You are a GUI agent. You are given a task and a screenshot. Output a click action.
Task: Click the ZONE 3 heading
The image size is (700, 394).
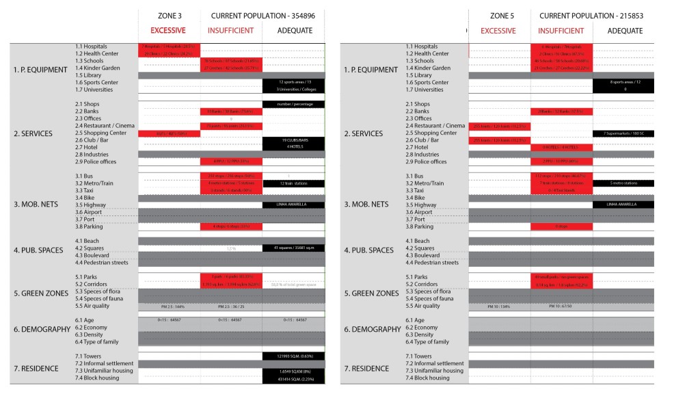pyautogui.click(x=168, y=16)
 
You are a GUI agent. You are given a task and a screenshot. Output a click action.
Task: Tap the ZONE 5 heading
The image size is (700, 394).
pyautogui.click(x=507, y=16)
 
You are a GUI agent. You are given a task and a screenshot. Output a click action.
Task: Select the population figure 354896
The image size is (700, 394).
pyautogui.click(x=297, y=16)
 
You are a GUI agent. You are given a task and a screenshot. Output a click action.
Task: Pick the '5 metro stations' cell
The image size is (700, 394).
pyautogui.click(x=624, y=183)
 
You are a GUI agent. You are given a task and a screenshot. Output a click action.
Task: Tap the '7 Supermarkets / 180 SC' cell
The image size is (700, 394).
pyautogui.click(x=624, y=133)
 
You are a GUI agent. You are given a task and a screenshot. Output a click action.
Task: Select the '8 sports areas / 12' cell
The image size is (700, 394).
pyautogui.click(x=624, y=82)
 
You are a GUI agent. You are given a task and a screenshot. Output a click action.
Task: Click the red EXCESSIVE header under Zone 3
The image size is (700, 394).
pyautogui.click(x=168, y=31)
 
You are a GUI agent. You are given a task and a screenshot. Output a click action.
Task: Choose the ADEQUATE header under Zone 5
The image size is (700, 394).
pyautogui.click(x=625, y=31)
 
